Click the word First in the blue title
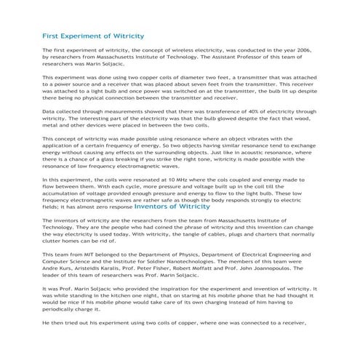point(52,35)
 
